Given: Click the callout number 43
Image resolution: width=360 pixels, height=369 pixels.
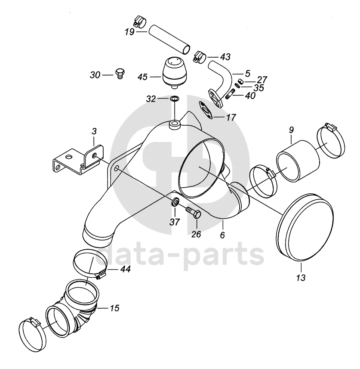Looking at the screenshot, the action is [x=225, y=56].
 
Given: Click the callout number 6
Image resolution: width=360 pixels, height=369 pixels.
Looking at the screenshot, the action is [x=222, y=236].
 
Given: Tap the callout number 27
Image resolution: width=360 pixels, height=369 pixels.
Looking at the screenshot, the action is [x=262, y=80].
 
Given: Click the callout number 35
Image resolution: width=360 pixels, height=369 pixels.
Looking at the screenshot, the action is [x=258, y=87].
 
